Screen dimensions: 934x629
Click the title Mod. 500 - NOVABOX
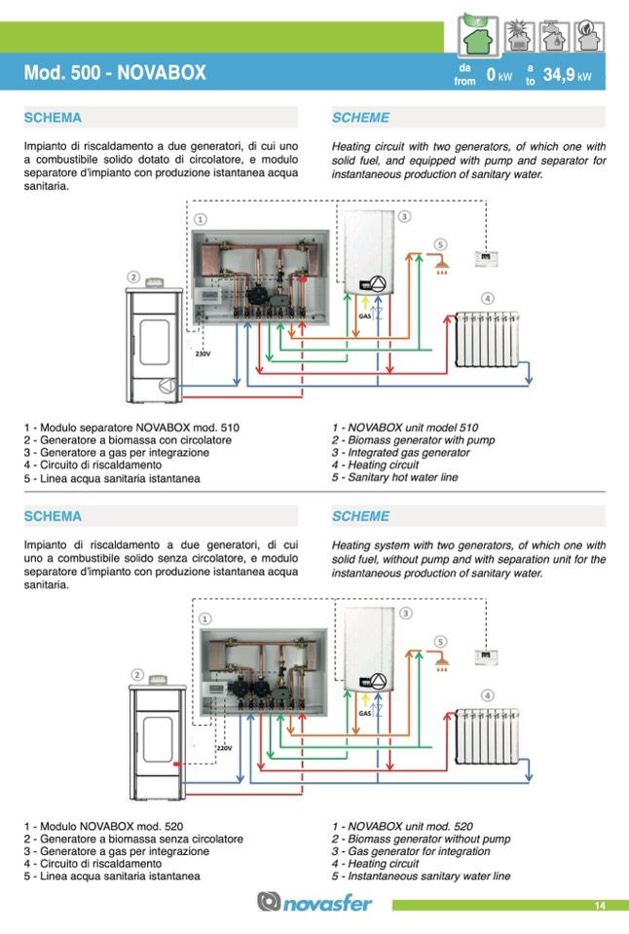coord(114,74)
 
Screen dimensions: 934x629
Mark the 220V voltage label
coord(223,748)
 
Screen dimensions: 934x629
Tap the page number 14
coord(600,906)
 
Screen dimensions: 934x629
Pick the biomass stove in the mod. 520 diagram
coord(157,731)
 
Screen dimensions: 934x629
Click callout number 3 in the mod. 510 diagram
coord(404,216)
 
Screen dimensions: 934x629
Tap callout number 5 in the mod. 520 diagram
coord(440,642)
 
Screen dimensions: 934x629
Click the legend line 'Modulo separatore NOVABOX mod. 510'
coord(131,428)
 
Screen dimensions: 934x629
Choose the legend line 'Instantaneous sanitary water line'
coord(421,877)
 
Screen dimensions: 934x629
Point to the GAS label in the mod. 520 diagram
coord(364,714)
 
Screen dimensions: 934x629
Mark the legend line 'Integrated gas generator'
coord(400,453)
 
